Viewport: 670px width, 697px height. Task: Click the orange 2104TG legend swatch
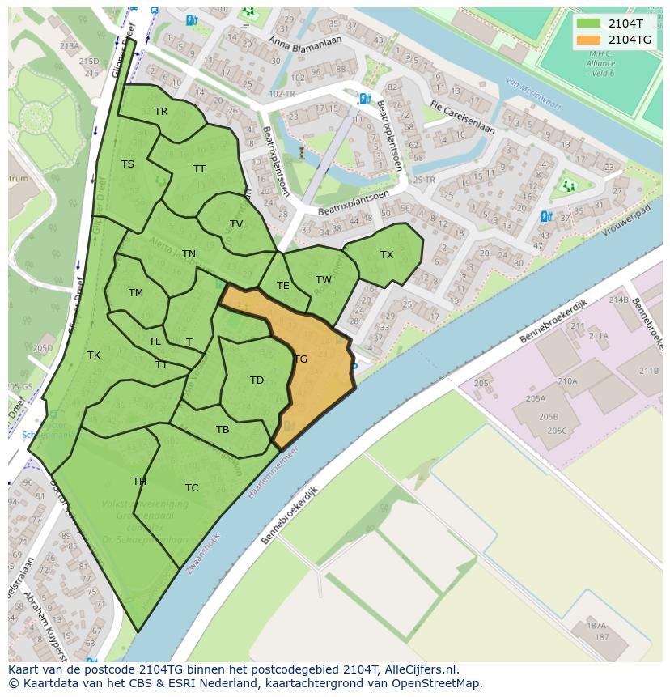point(589,40)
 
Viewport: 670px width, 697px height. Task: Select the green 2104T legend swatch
point(589,23)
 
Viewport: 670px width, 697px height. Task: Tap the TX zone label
point(387,255)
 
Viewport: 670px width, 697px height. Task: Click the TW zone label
point(324,280)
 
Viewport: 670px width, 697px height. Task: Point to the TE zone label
point(282,286)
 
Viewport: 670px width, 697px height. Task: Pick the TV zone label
point(236,224)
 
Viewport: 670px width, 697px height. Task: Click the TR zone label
point(161,112)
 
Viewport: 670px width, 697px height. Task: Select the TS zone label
point(128,164)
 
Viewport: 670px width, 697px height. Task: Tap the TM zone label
point(135,293)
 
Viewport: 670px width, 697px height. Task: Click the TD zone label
point(257,380)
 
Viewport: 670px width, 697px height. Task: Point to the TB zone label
point(223,430)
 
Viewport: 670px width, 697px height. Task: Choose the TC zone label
point(192,488)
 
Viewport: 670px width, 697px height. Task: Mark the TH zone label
point(139,482)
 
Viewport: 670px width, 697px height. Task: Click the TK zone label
point(94,355)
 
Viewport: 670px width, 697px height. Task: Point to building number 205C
point(557,431)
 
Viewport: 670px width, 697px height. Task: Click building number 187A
point(596,626)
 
